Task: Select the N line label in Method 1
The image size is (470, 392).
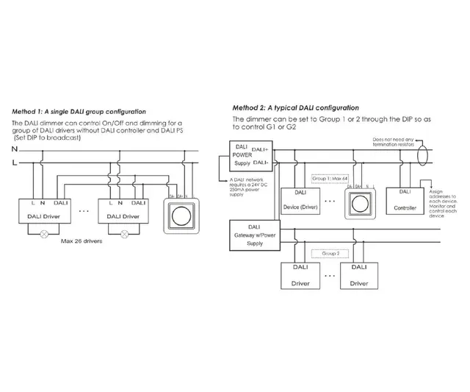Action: (x=14, y=150)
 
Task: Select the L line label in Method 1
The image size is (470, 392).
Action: (x=14, y=163)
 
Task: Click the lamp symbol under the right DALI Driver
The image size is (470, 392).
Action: (x=123, y=234)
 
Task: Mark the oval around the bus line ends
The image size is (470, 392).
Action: (x=421, y=157)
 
